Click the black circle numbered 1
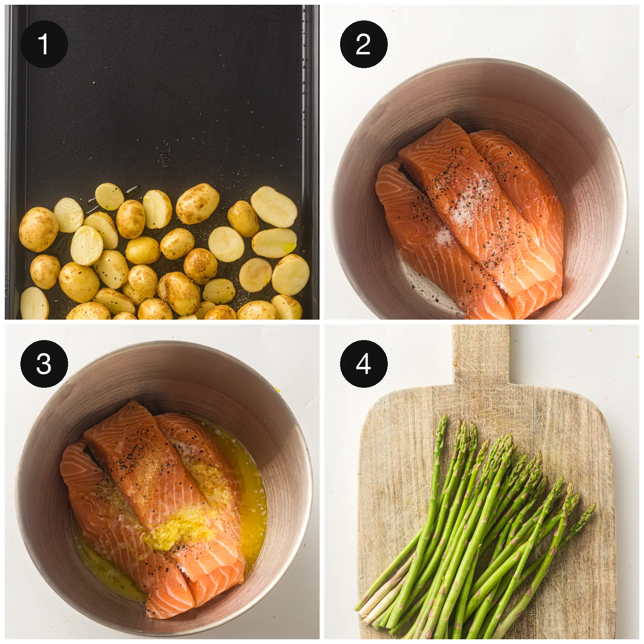(x=44, y=44)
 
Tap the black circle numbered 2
(x=364, y=44)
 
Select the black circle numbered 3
(x=44, y=364)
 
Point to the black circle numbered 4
(x=364, y=364)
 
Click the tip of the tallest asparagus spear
(x=443, y=418)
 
